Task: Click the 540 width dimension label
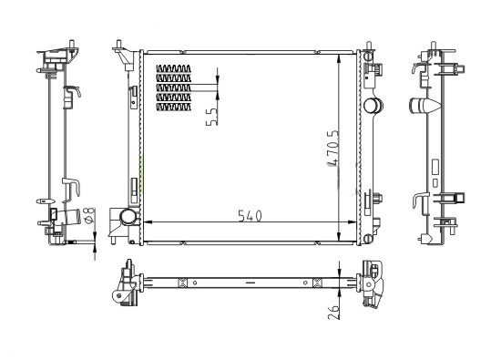point(250,216)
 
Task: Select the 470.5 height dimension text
point(332,148)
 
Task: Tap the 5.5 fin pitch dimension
point(211,117)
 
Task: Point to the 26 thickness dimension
point(333,312)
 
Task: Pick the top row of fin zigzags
point(173,68)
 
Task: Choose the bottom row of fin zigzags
point(173,107)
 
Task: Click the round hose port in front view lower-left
point(128,217)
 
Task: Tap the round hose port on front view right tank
point(373,106)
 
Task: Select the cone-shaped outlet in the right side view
point(425,105)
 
